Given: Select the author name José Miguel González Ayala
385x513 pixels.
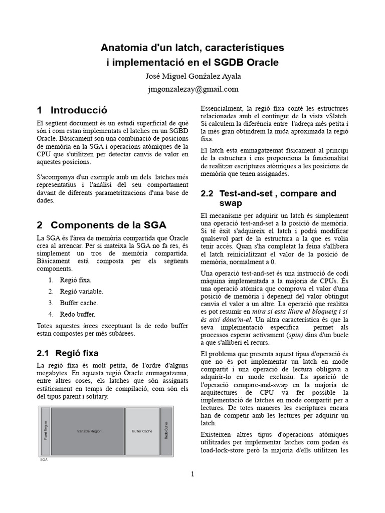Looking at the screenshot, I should click(x=192, y=76).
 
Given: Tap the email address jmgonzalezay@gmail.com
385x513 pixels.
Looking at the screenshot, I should click(x=192, y=89).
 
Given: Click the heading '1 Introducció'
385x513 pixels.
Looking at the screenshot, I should click(x=72, y=110).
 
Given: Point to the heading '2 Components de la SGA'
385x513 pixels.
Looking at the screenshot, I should click(x=101, y=224).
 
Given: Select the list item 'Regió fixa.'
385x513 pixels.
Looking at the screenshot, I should click(x=76, y=280).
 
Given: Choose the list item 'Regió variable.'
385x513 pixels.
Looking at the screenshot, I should click(x=81, y=291).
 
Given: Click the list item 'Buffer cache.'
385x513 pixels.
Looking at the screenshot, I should click(x=79, y=303).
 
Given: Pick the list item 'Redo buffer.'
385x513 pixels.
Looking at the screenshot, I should click(x=77, y=314).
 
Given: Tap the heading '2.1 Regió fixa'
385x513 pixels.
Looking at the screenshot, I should click(x=68, y=353).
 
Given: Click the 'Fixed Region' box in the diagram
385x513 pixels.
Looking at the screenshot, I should click(x=45, y=431).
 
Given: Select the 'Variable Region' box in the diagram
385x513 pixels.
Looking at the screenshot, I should click(x=88, y=431).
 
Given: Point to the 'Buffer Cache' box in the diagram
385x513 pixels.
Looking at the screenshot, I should click(x=142, y=431).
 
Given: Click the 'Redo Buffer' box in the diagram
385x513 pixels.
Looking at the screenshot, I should click(x=166, y=431).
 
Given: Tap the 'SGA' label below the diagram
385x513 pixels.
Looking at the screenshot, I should click(x=44, y=459).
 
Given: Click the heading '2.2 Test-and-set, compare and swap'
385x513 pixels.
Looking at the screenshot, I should click(x=268, y=198).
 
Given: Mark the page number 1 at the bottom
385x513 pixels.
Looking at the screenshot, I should click(x=192, y=474).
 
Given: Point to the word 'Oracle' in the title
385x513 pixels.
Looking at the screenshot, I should click(x=262, y=63).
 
